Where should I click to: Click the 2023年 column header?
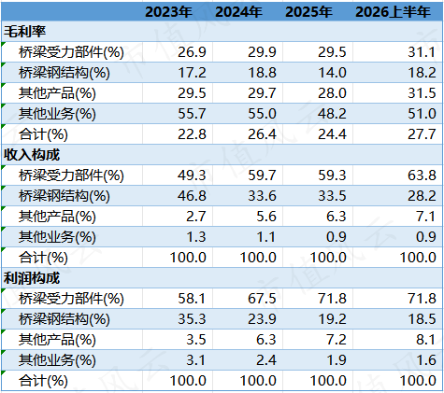[168, 12]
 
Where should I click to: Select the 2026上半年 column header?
[393, 12]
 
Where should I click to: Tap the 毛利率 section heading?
[24, 32]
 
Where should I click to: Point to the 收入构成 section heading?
[32, 155]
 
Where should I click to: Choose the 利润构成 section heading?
[32, 278]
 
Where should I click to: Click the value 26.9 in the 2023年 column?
[192, 52]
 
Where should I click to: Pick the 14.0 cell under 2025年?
[332, 73]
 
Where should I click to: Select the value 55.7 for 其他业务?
[192, 114]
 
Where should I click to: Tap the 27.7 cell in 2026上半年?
[422, 134]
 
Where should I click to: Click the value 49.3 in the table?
[192, 175]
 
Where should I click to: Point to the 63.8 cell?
[422, 175]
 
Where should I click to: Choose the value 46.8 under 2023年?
[192, 196]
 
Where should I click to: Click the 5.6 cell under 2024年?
[266, 217]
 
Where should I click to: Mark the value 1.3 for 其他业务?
[196, 237]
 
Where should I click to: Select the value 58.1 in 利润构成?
[192, 299]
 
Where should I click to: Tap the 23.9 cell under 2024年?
[262, 319]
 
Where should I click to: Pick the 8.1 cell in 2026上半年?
[425, 340]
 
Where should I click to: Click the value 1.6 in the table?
[425, 360]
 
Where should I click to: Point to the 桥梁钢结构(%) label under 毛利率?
[64, 73]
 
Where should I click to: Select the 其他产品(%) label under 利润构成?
[57, 340]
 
